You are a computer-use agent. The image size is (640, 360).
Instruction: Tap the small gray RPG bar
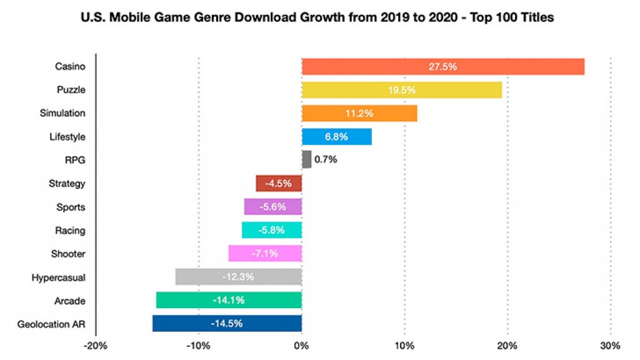tap(306, 159)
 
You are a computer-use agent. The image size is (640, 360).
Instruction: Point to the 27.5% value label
tap(442, 66)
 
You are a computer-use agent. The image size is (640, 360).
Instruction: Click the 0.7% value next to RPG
tap(326, 159)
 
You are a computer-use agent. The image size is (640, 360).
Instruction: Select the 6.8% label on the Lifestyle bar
tap(336, 137)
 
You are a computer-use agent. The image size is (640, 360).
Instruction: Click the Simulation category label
tap(62, 113)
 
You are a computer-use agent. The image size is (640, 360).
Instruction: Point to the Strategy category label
tap(67, 184)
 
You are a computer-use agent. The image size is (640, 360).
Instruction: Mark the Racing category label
tap(70, 231)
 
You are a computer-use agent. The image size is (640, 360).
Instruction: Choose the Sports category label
tap(71, 207)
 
